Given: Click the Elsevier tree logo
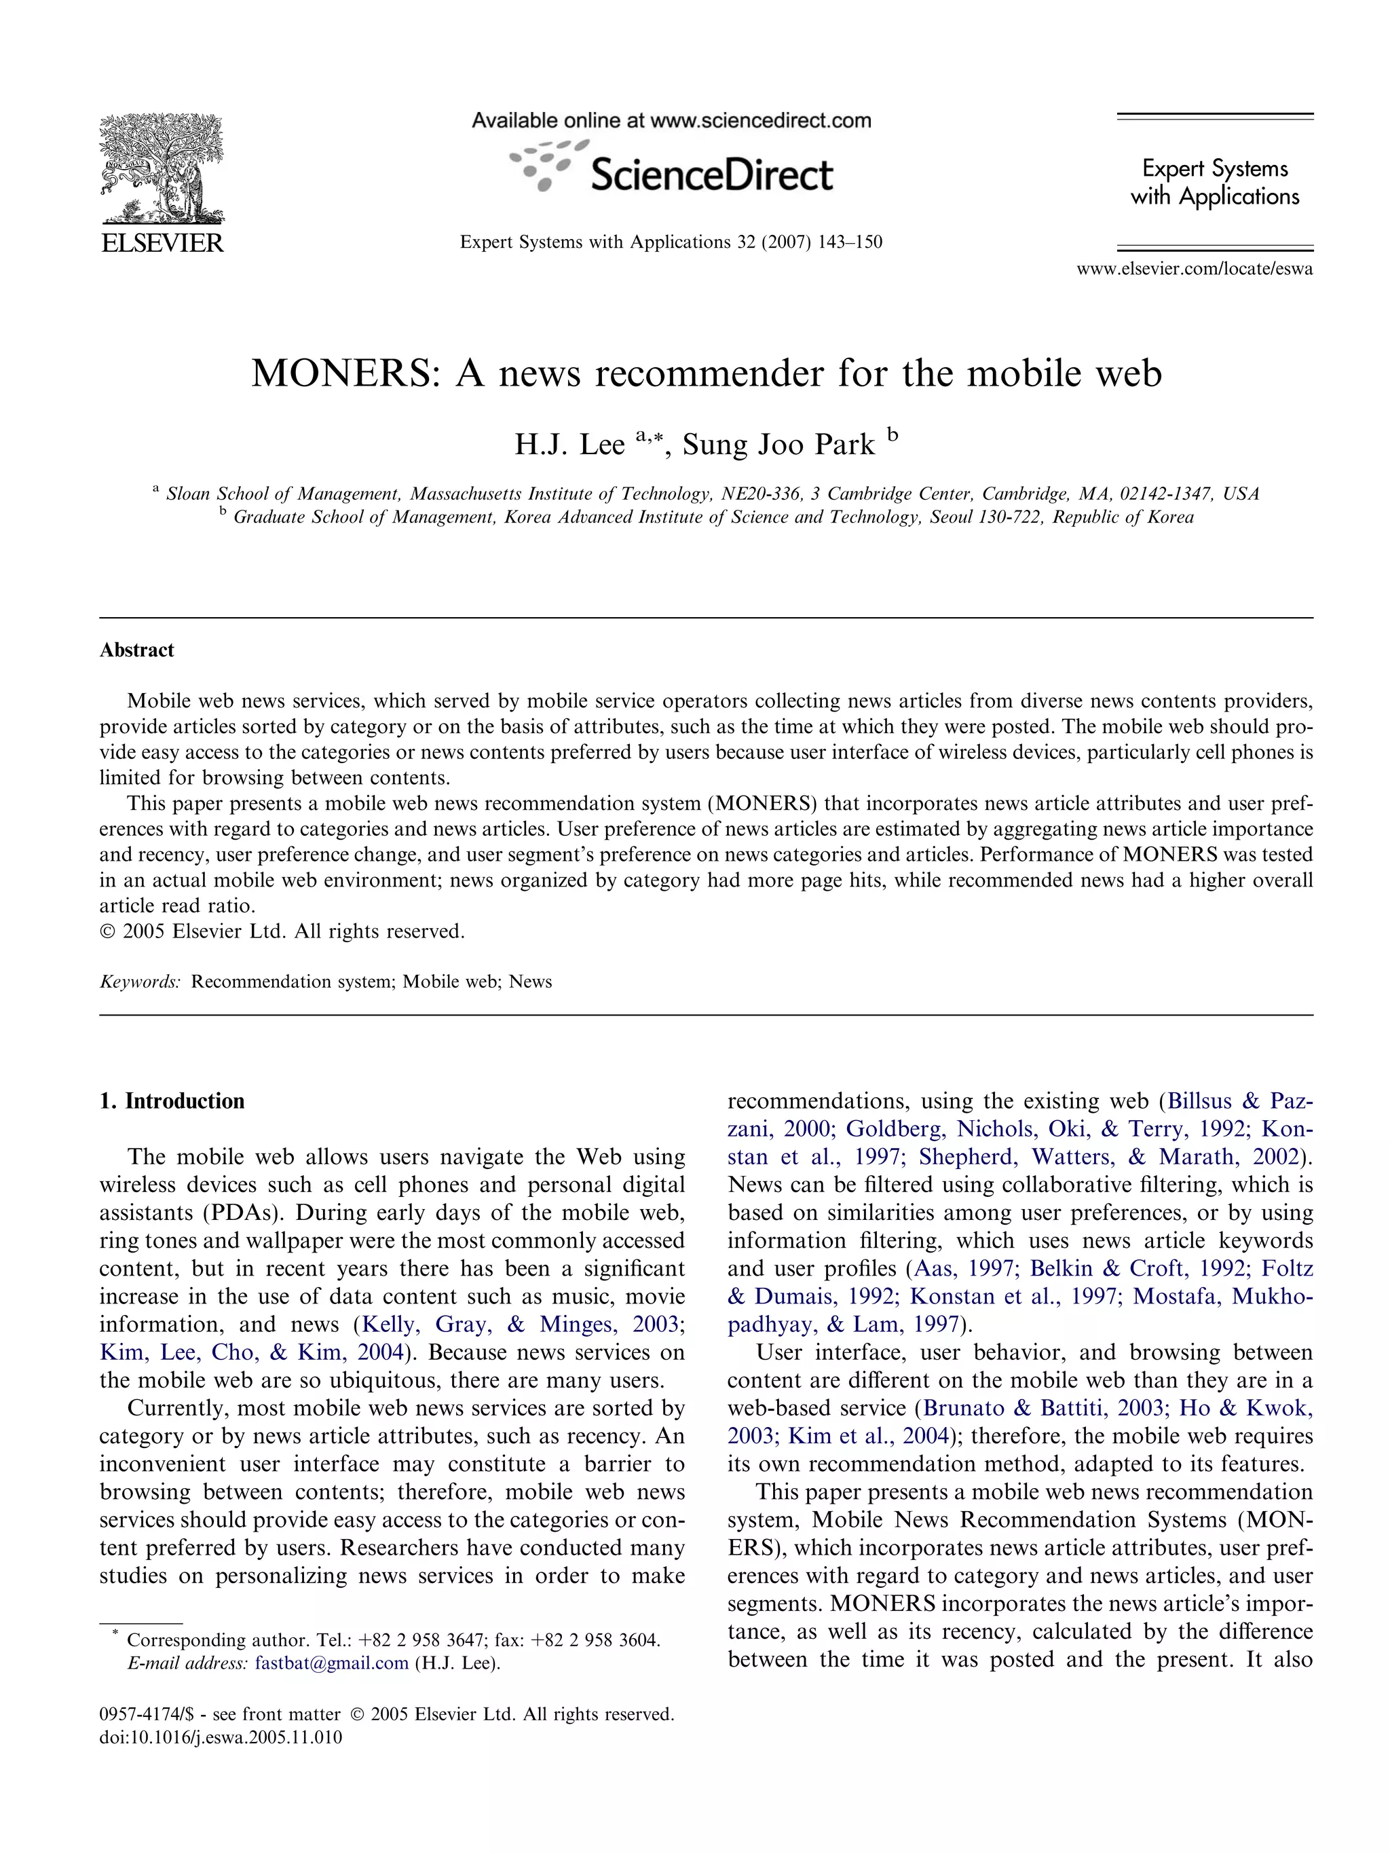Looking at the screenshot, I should [162, 168].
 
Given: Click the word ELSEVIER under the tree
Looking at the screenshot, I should [162, 243].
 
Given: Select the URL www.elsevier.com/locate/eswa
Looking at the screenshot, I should [1194, 269].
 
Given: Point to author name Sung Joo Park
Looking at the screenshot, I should [778, 444].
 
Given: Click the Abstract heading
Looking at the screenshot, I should [136, 650].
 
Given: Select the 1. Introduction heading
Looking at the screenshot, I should [172, 1101].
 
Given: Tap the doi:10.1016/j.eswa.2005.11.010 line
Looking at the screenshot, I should [221, 1737].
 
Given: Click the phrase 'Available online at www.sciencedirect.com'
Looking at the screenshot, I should [671, 121].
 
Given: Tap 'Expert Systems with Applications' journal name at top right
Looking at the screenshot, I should [1215, 182].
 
